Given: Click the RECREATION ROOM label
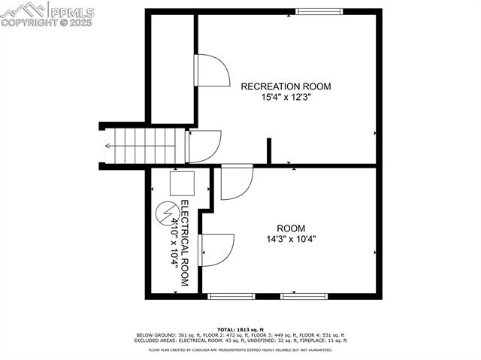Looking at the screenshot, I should click(x=286, y=86).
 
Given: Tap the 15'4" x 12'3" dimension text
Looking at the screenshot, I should click(x=286, y=97).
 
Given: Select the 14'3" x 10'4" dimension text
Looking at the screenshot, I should click(x=291, y=240).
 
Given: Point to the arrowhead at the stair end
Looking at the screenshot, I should click(x=109, y=147).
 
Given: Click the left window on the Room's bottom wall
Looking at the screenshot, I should click(x=229, y=296).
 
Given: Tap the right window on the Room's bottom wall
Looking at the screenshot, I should click(x=304, y=296).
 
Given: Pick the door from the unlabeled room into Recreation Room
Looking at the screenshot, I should click(x=211, y=72).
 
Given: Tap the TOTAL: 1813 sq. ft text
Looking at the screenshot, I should click(x=240, y=330).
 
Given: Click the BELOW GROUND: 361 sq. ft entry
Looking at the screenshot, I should click(x=168, y=335).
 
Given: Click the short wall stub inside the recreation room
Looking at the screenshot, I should click(x=268, y=150).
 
